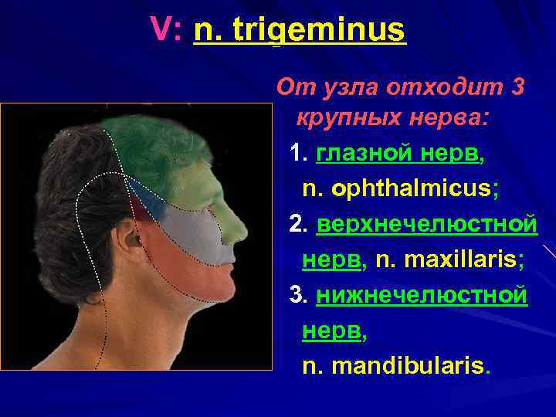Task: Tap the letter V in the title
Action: [x=161, y=31]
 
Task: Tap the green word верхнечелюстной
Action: [x=425, y=224]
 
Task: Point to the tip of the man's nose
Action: [x=245, y=232]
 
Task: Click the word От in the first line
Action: [x=291, y=87]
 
